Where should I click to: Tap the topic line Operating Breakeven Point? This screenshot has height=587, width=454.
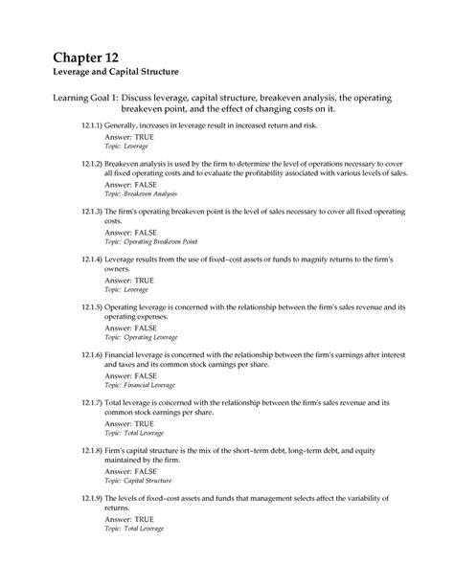pos(152,241)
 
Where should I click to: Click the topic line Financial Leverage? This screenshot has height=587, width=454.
pos(140,384)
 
